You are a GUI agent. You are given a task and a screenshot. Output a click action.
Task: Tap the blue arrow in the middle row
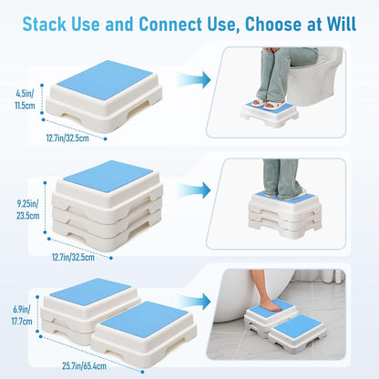pos(195,190)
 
